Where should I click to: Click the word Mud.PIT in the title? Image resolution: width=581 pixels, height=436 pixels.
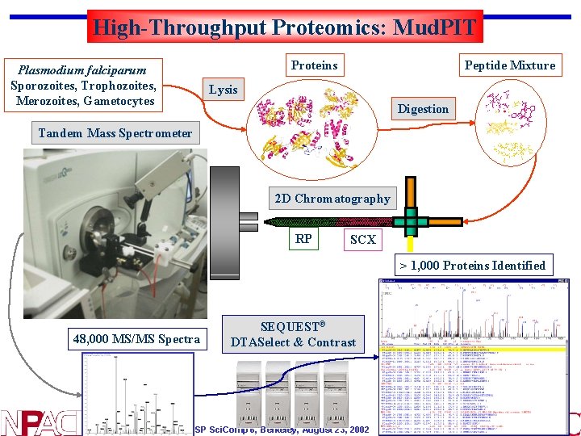click(x=435, y=27)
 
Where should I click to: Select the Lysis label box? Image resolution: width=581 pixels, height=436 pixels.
click(x=224, y=90)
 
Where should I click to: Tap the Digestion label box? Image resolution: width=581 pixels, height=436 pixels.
click(x=423, y=109)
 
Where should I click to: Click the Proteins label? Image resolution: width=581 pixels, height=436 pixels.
click(x=315, y=65)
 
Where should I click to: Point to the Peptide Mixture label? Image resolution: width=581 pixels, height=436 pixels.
click(x=510, y=65)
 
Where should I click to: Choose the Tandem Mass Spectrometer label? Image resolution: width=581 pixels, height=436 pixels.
click(x=115, y=133)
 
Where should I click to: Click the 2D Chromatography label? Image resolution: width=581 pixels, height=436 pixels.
click(x=332, y=199)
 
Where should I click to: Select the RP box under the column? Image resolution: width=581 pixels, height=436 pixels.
click(x=303, y=239)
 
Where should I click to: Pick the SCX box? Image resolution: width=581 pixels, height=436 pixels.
click(x=362, y=240)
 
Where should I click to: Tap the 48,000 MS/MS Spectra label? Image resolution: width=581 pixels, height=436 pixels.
click(x=136, y=339)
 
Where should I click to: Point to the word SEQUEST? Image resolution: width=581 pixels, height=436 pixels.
click(x=289, y=327)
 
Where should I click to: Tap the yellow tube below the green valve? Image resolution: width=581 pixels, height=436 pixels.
click(x=411, y=242)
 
